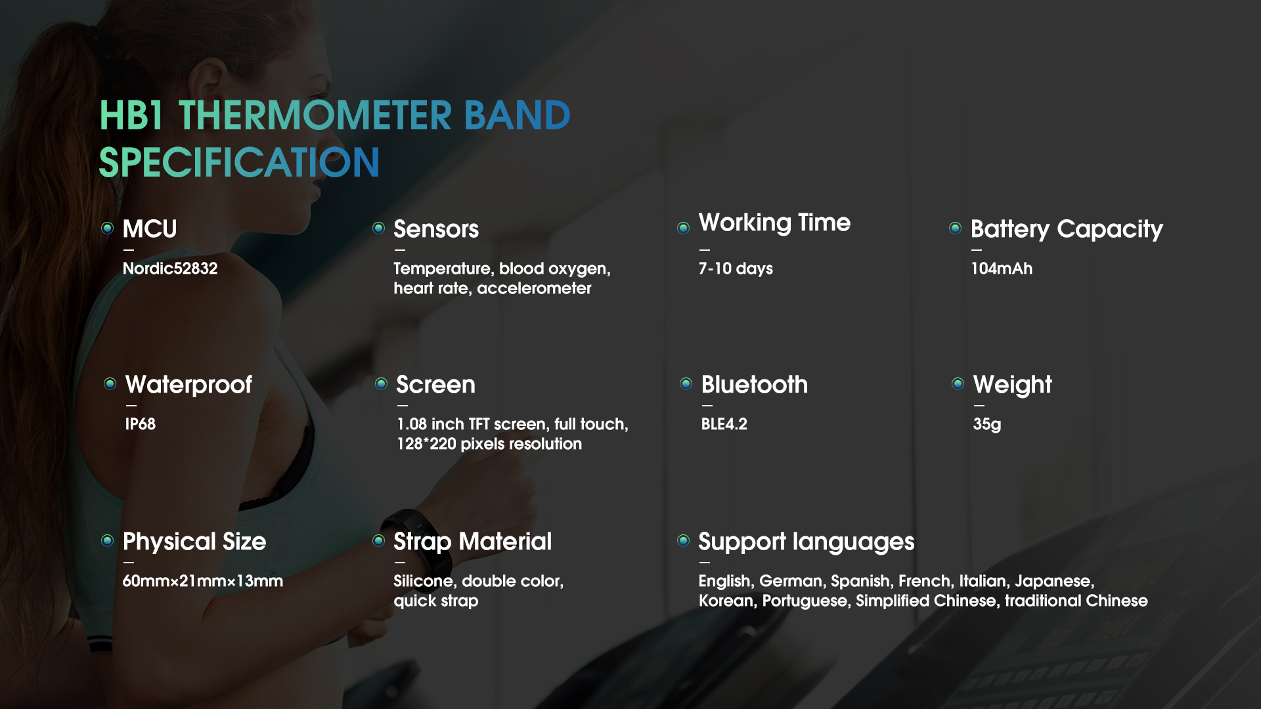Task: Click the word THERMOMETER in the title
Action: point(315,116)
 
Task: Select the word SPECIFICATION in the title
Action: point(239,162)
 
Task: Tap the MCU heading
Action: point(150,229)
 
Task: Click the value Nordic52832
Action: point(170,269)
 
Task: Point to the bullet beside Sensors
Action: point(378,228)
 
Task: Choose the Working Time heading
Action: point(774,223)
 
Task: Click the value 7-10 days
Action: point(736,269)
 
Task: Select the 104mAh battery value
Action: point(1002,269)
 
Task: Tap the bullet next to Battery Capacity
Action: point(955,228)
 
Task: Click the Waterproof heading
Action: point(188,385)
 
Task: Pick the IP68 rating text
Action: point(141,424)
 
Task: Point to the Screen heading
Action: point(435,385)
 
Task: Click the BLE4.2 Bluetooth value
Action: point(724,424)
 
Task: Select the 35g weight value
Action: point(987,424)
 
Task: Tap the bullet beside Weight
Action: point(958,383)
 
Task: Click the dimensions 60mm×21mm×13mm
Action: point(203,581)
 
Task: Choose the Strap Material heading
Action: point(472,542)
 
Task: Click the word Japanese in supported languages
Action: point(1054,581)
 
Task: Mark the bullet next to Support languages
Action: point(683,540)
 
